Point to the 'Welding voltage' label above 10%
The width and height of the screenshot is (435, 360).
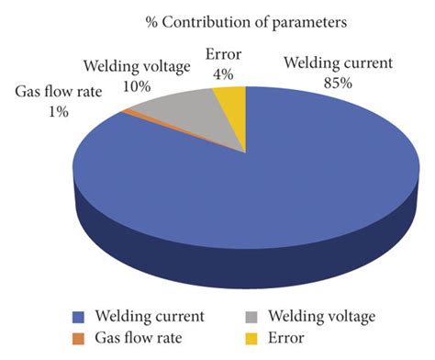click(x=139, y=66)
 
